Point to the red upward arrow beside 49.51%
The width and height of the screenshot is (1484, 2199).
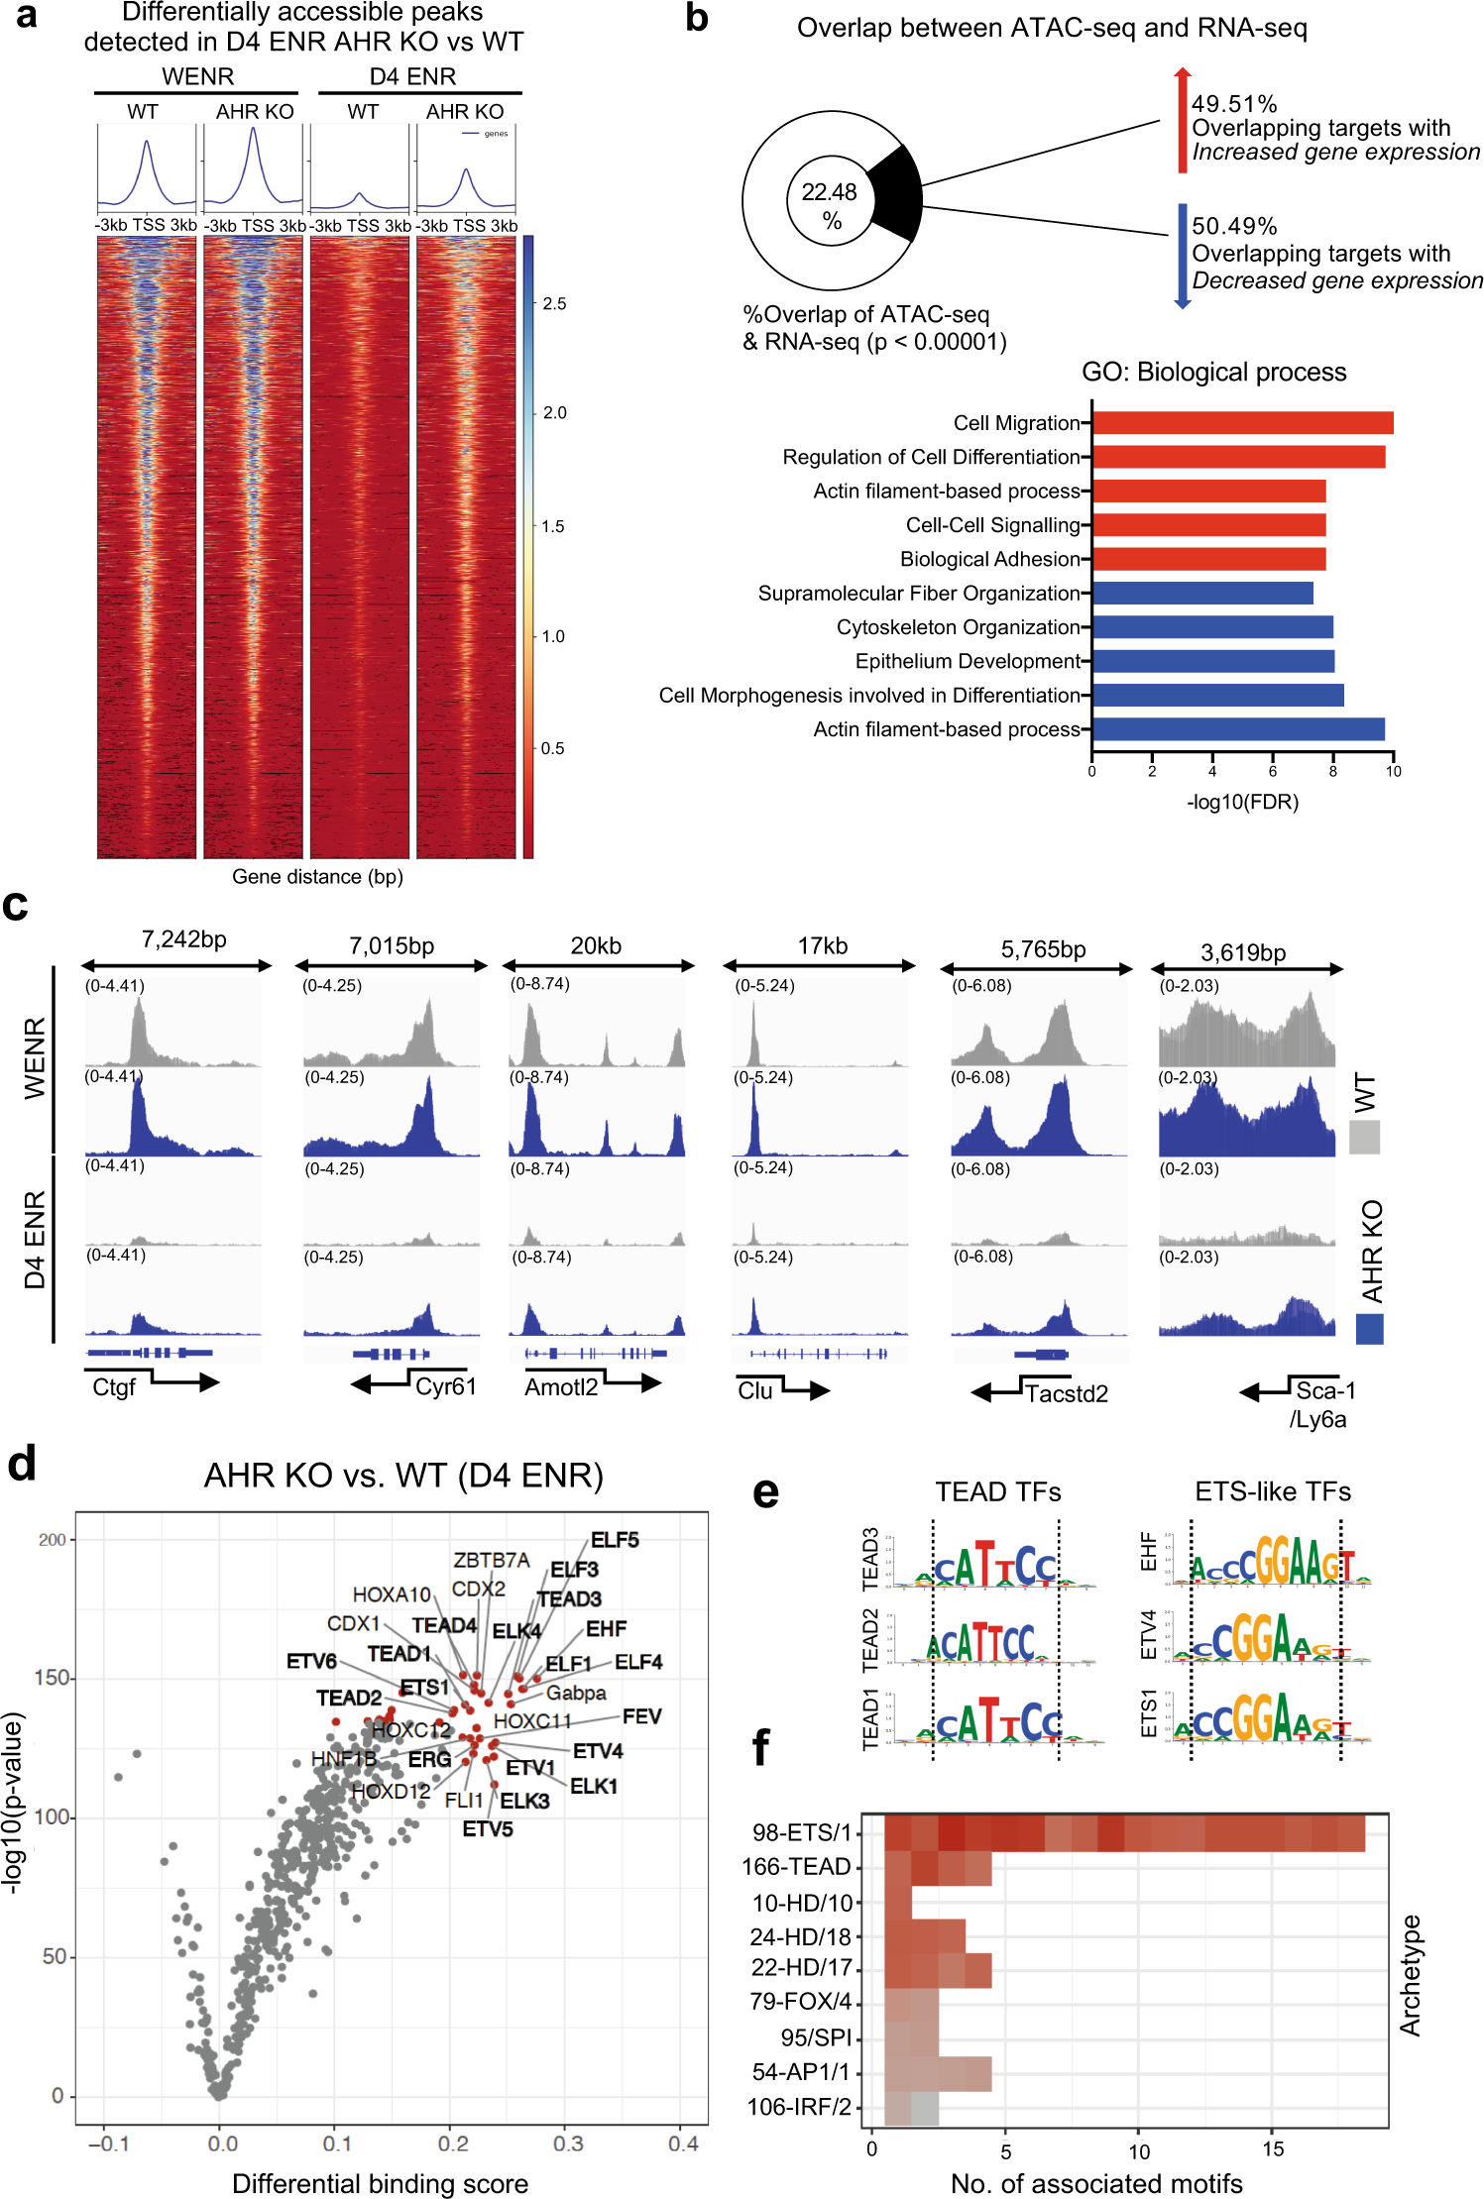click(1182, 119)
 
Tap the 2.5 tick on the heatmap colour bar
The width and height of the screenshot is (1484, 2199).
click(554, 304)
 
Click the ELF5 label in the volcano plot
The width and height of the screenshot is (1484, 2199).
click(615, 1540)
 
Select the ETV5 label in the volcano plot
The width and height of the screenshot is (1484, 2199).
click(488, 1829)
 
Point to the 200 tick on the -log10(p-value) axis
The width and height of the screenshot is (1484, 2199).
click(52, 1540)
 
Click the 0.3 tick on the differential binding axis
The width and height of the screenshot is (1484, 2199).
click(568, 2144)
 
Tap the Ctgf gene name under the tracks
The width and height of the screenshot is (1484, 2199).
click(113, 1387)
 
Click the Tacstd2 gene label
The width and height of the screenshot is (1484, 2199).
click(1066, 1393)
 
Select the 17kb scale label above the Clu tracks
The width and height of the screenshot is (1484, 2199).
click(823, 945)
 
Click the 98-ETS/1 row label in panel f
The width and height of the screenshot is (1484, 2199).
click(802, 1832)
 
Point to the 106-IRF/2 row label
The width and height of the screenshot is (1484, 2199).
click(799, 2107)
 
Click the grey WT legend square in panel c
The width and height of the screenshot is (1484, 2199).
click(1364, 1137)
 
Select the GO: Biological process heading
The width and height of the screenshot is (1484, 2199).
click(1213, 372)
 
